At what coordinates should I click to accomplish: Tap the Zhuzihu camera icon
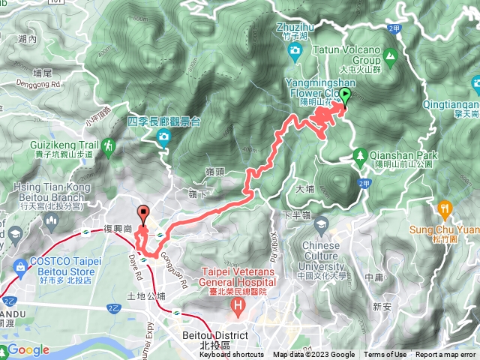click(295, 50)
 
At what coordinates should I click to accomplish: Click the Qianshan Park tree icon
click(361, 156)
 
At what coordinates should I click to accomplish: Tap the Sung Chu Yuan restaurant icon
click(443, 207)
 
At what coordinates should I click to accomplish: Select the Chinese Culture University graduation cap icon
click(321, 226)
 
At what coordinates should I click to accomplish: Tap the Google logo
click(28, 350)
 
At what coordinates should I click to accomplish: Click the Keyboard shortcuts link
click(231, 355)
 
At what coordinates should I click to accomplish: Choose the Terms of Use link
click(385, 355)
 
